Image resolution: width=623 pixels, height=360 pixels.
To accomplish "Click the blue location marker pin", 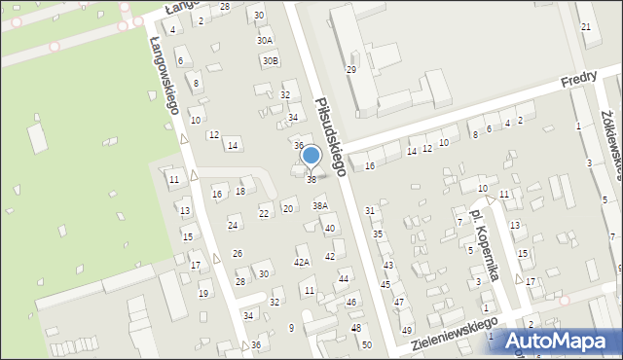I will coord(311,156).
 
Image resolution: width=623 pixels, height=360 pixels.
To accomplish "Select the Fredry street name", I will coord(578,86).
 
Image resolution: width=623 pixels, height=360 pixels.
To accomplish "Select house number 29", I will coord(351,70).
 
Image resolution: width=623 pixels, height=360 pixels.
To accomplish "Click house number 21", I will coord(585,26).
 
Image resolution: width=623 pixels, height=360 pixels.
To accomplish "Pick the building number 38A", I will coord(319,206).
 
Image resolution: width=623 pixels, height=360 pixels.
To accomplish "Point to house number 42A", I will coord(302,262).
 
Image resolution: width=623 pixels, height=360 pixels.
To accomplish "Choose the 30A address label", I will coord(265,40).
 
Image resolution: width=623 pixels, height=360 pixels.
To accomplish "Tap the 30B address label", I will coord(270,60).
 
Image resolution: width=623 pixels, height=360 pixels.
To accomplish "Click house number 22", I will coord(264,213).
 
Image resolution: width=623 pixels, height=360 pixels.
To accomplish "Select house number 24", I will coord(233,226).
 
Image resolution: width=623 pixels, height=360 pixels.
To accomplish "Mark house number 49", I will coord(407,330).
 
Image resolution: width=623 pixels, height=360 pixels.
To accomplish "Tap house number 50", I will coord(366,344).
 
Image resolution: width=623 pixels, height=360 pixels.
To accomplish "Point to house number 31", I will coord(370,210).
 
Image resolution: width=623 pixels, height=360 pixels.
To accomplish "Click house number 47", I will coord(398,303).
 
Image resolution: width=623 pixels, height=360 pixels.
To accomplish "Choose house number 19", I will coord(203,293).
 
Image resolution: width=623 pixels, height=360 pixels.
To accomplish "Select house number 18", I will coord(239,192).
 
